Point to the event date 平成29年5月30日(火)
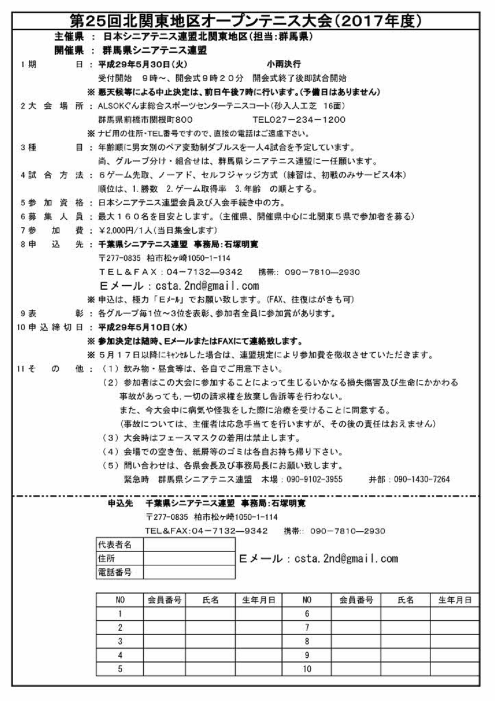pos(142,64)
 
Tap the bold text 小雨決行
pos(284,64)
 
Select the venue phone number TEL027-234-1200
pos(299,120)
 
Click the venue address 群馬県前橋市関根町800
pos(145,120)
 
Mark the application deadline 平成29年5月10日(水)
pos(142,327)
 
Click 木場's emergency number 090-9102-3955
pos(315,479)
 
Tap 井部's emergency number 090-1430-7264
pos(421,479)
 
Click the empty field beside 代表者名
pos(189,544)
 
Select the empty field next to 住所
pos(189,558)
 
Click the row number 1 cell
pos(120,614)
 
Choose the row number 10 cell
pos(307,669)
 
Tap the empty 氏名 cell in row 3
pos(210,641)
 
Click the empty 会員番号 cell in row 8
pos(356,641)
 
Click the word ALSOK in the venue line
pos(108,106)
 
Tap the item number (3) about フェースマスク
pos(111,438)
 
